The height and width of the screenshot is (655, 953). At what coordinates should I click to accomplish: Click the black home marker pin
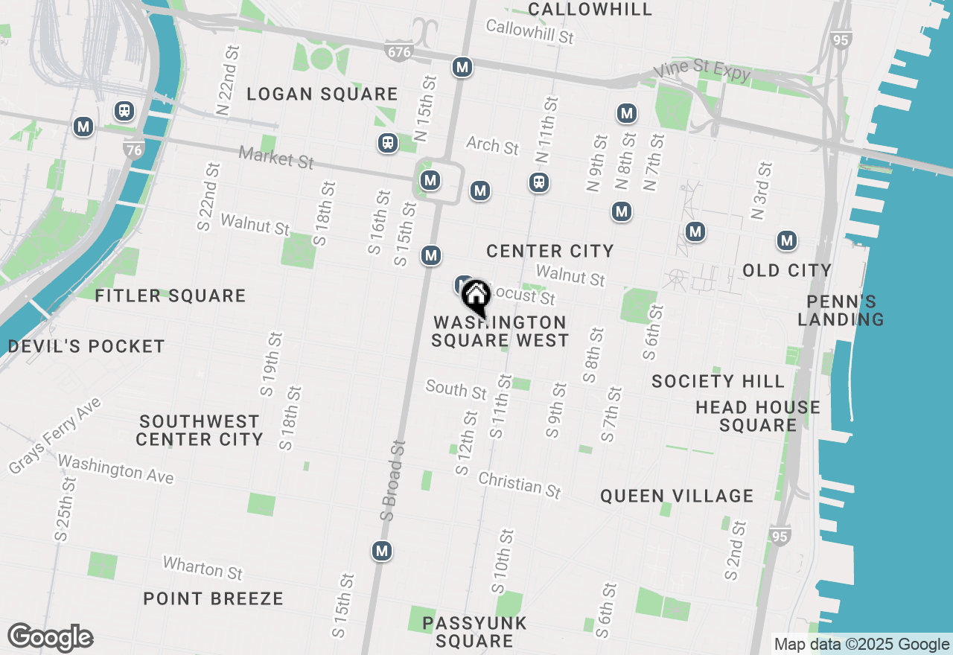pyautogui.click(x=475, y=298)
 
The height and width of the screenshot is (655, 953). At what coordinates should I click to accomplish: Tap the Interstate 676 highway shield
pyautogui.click(x=398, y=51)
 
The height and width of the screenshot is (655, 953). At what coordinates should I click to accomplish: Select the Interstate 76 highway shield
pyautogui.click(x=133, y=149)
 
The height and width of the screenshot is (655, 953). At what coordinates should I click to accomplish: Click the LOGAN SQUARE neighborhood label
pyautogui.click(x=322, y=95)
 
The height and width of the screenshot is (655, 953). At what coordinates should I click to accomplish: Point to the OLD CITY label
pyautogui.click(x=786, y=270)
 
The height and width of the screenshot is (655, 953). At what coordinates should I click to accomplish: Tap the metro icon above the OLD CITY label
pyautogui.click(x=787, y=241)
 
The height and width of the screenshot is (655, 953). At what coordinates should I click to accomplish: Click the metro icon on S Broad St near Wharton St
pyautogui.click(x=382, y=552)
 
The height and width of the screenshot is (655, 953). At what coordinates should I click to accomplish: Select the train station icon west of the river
pyautogui.click(x=124, y=111)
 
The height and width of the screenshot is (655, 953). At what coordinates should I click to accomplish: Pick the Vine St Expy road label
pyautogui.click(x=701, y=71)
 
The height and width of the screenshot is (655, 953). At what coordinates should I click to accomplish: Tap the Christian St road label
pyautogui.click(x=520, y=485)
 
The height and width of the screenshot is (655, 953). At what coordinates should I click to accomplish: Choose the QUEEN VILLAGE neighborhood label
pyautogui.click(x=677, y=496)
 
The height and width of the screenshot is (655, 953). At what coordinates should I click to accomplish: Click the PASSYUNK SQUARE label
pyautogui.click(x=474, y=632)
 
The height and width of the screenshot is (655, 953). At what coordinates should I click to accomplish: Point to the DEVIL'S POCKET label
pyautogui.click(x=86, y=346)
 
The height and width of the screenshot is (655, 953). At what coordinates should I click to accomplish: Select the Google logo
pyautogui.click(x=50, y=638)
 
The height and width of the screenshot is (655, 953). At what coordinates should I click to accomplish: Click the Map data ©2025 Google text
pyautogui.click(x=861, y=645)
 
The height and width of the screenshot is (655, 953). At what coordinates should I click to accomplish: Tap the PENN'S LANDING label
pyautogui.click(x=841, y=310)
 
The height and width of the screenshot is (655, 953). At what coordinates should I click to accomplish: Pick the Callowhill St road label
pyautogui.click(x=529, y=32)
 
